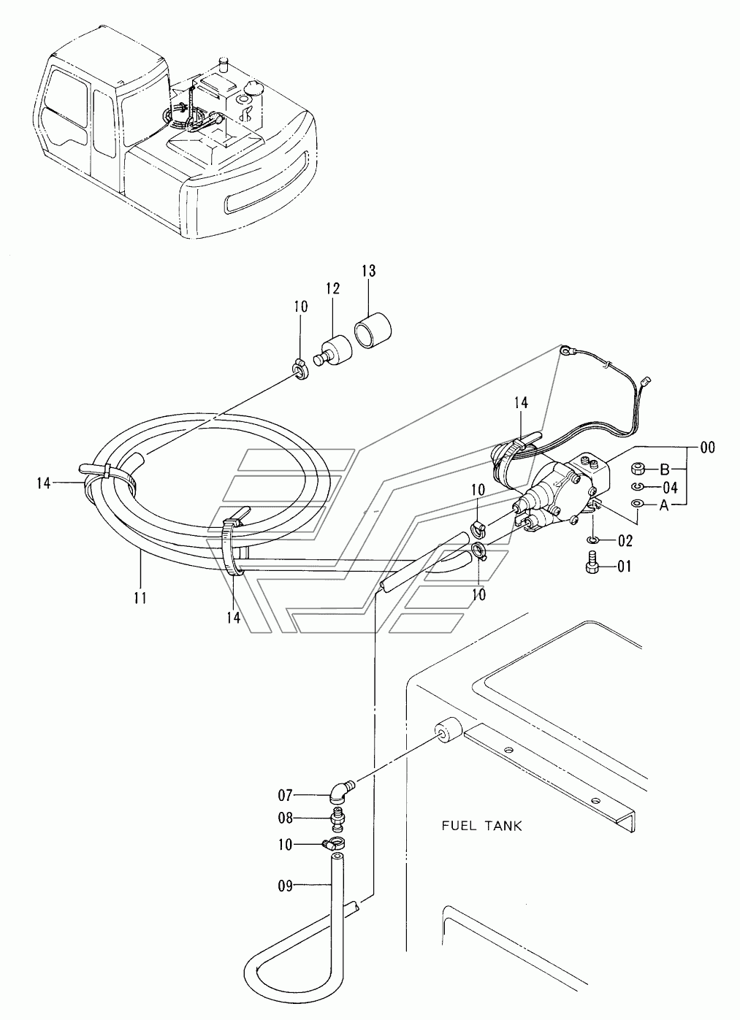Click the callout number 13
(x=369, y=271)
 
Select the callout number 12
(x=332, y=288)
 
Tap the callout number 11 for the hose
(x=140, y=597)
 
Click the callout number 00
(x=707, y=448)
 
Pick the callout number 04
(x=670, y=488)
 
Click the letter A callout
(x=664, y=505)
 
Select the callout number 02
(x=625, y=541)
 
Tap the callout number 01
(x=625, y=567)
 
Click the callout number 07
(x=286, y=796)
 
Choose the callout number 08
(x=286, y=818)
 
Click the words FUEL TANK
(x=481, y=826)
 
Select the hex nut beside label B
(x=637, y=468)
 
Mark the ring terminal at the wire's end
(x=565, y=350)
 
